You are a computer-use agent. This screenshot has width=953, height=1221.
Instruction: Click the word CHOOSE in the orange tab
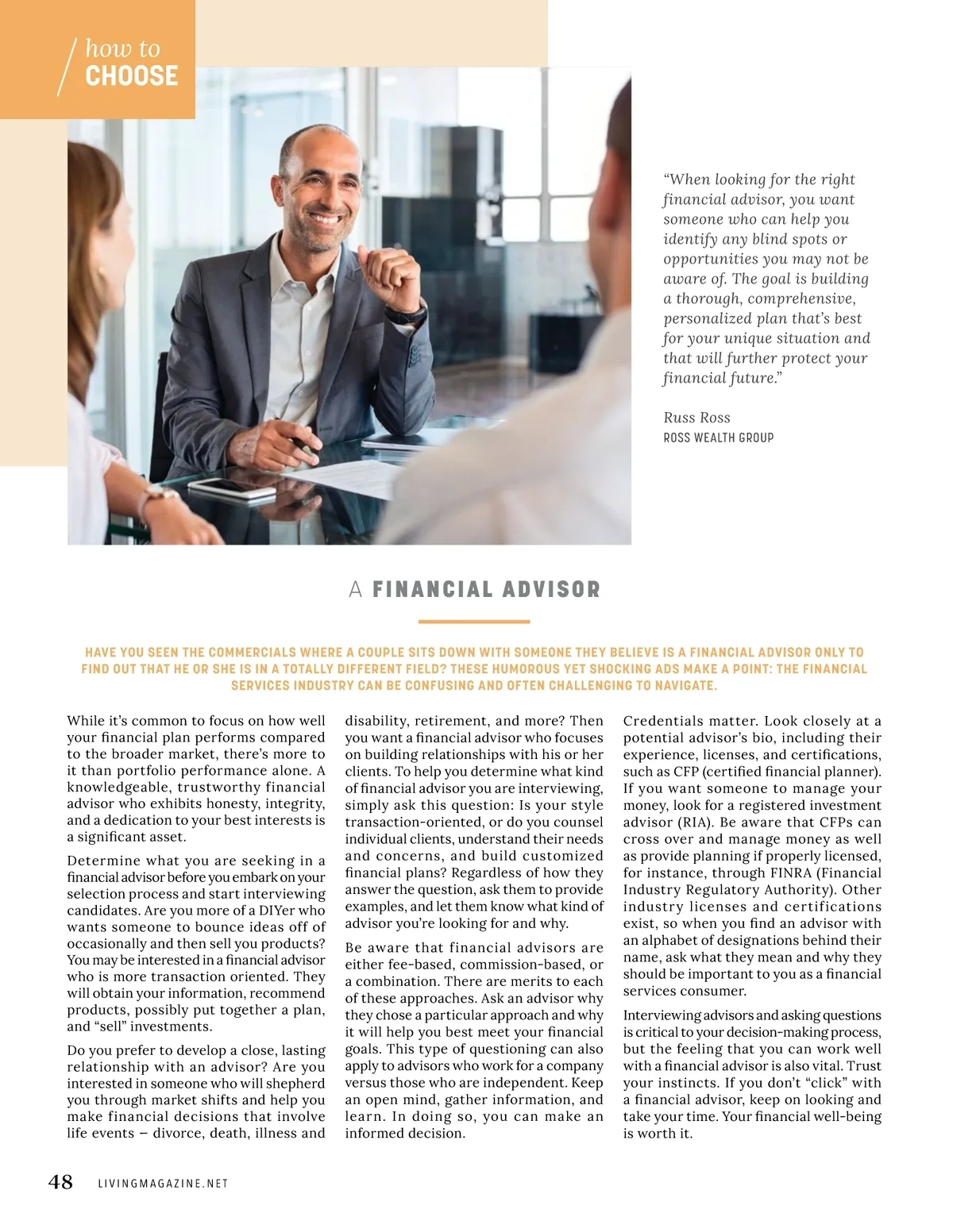click(131, 76)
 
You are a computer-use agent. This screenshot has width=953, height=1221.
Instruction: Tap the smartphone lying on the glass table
click(232, 487)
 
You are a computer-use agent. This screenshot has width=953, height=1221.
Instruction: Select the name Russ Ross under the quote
click(696, 418)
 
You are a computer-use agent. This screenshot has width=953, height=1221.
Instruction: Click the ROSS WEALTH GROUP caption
click(718, 437)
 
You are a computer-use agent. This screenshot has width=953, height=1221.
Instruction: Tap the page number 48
click(60, 1182)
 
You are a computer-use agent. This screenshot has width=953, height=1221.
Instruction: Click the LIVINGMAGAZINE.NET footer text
click(163, 1184)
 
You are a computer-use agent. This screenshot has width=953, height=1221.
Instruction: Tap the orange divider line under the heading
click(474, 622)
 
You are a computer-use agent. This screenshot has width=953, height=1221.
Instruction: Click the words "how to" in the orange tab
click(122, 48)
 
